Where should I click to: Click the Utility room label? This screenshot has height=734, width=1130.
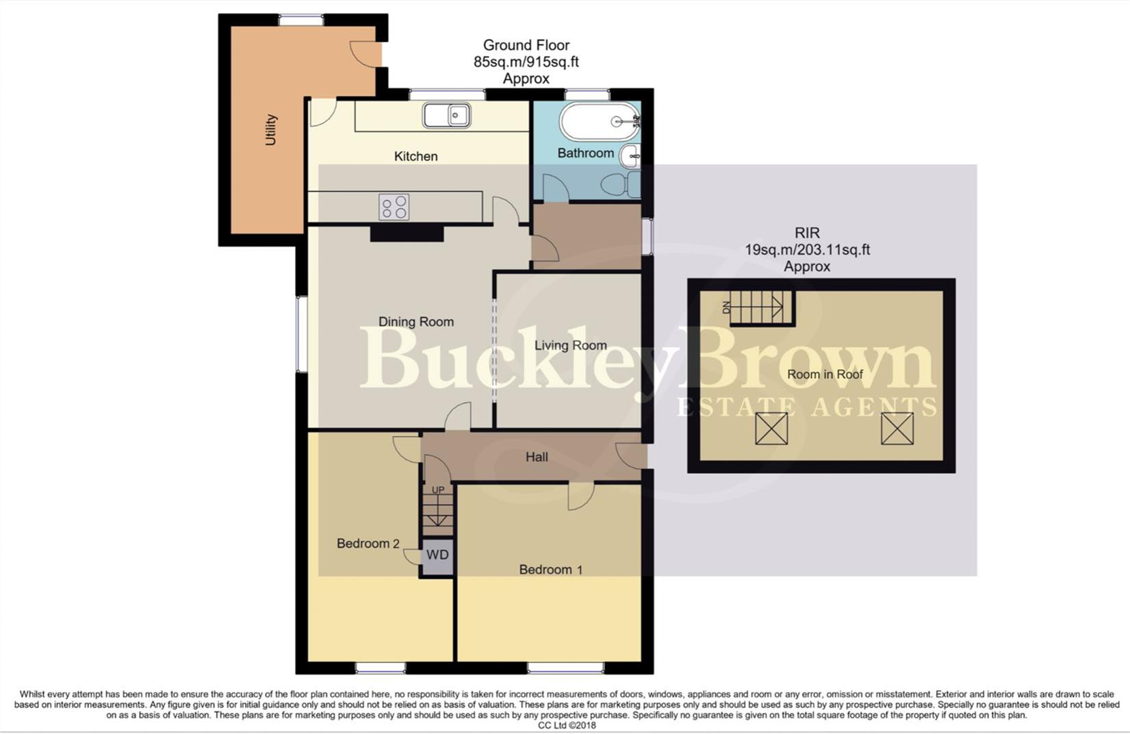pos(271,129)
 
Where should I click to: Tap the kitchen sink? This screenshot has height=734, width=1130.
pos(446,115)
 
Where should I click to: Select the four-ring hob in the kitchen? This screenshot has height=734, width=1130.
pos(394,207)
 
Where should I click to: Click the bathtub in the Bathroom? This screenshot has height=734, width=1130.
pos(599,121)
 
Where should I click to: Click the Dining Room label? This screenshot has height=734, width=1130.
pos(415,322)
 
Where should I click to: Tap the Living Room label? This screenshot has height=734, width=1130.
pos(570,345)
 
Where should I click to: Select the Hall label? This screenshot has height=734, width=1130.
pos(537,457)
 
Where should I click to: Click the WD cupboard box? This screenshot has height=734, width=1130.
pos(437,555)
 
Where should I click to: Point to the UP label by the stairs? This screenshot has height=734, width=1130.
pos(438,490)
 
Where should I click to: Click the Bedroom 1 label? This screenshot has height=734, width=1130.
pos(550,570)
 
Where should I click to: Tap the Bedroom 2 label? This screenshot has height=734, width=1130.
pos(368,544)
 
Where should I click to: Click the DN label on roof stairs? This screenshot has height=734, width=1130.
pos(726,308)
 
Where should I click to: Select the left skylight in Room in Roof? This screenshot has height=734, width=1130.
pos(771,429)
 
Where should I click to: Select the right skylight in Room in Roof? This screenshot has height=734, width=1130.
pos(897,429)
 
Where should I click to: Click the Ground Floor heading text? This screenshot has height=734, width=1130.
pos(526,45)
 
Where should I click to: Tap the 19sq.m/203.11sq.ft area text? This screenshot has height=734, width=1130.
pos(807,250)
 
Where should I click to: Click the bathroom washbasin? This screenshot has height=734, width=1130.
pos(630,156)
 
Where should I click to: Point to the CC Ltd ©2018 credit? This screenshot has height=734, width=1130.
pos(567,725)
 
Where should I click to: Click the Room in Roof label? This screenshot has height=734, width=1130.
pos(825,375)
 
